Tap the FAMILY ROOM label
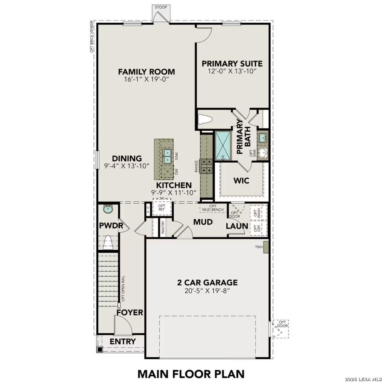[x=146, y=72]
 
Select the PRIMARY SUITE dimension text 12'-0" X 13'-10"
[x=232, y=71]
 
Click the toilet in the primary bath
[x=204, y=120]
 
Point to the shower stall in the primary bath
[x=223, y=145]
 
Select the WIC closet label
[x=241, y=180]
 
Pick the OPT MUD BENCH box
[x=212, y=208]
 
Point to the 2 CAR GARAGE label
[x=207, y=282]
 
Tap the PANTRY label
[x=163, y=228]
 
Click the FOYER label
[x=130, y=312]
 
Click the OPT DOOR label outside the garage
[x=282, y=324]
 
